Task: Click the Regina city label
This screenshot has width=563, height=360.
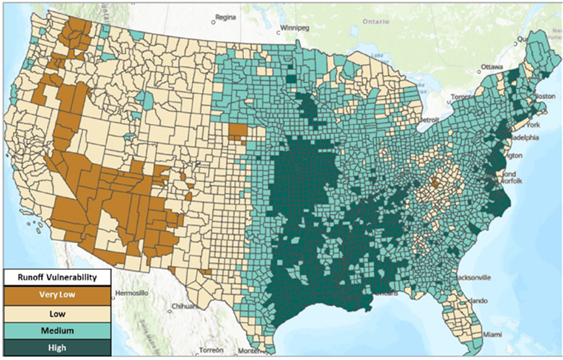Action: coord(226,17)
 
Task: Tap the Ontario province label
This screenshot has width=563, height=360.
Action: coord(375,21)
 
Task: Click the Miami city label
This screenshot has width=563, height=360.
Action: coord(493,334)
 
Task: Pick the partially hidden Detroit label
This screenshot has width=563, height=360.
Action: coord(430,119)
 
